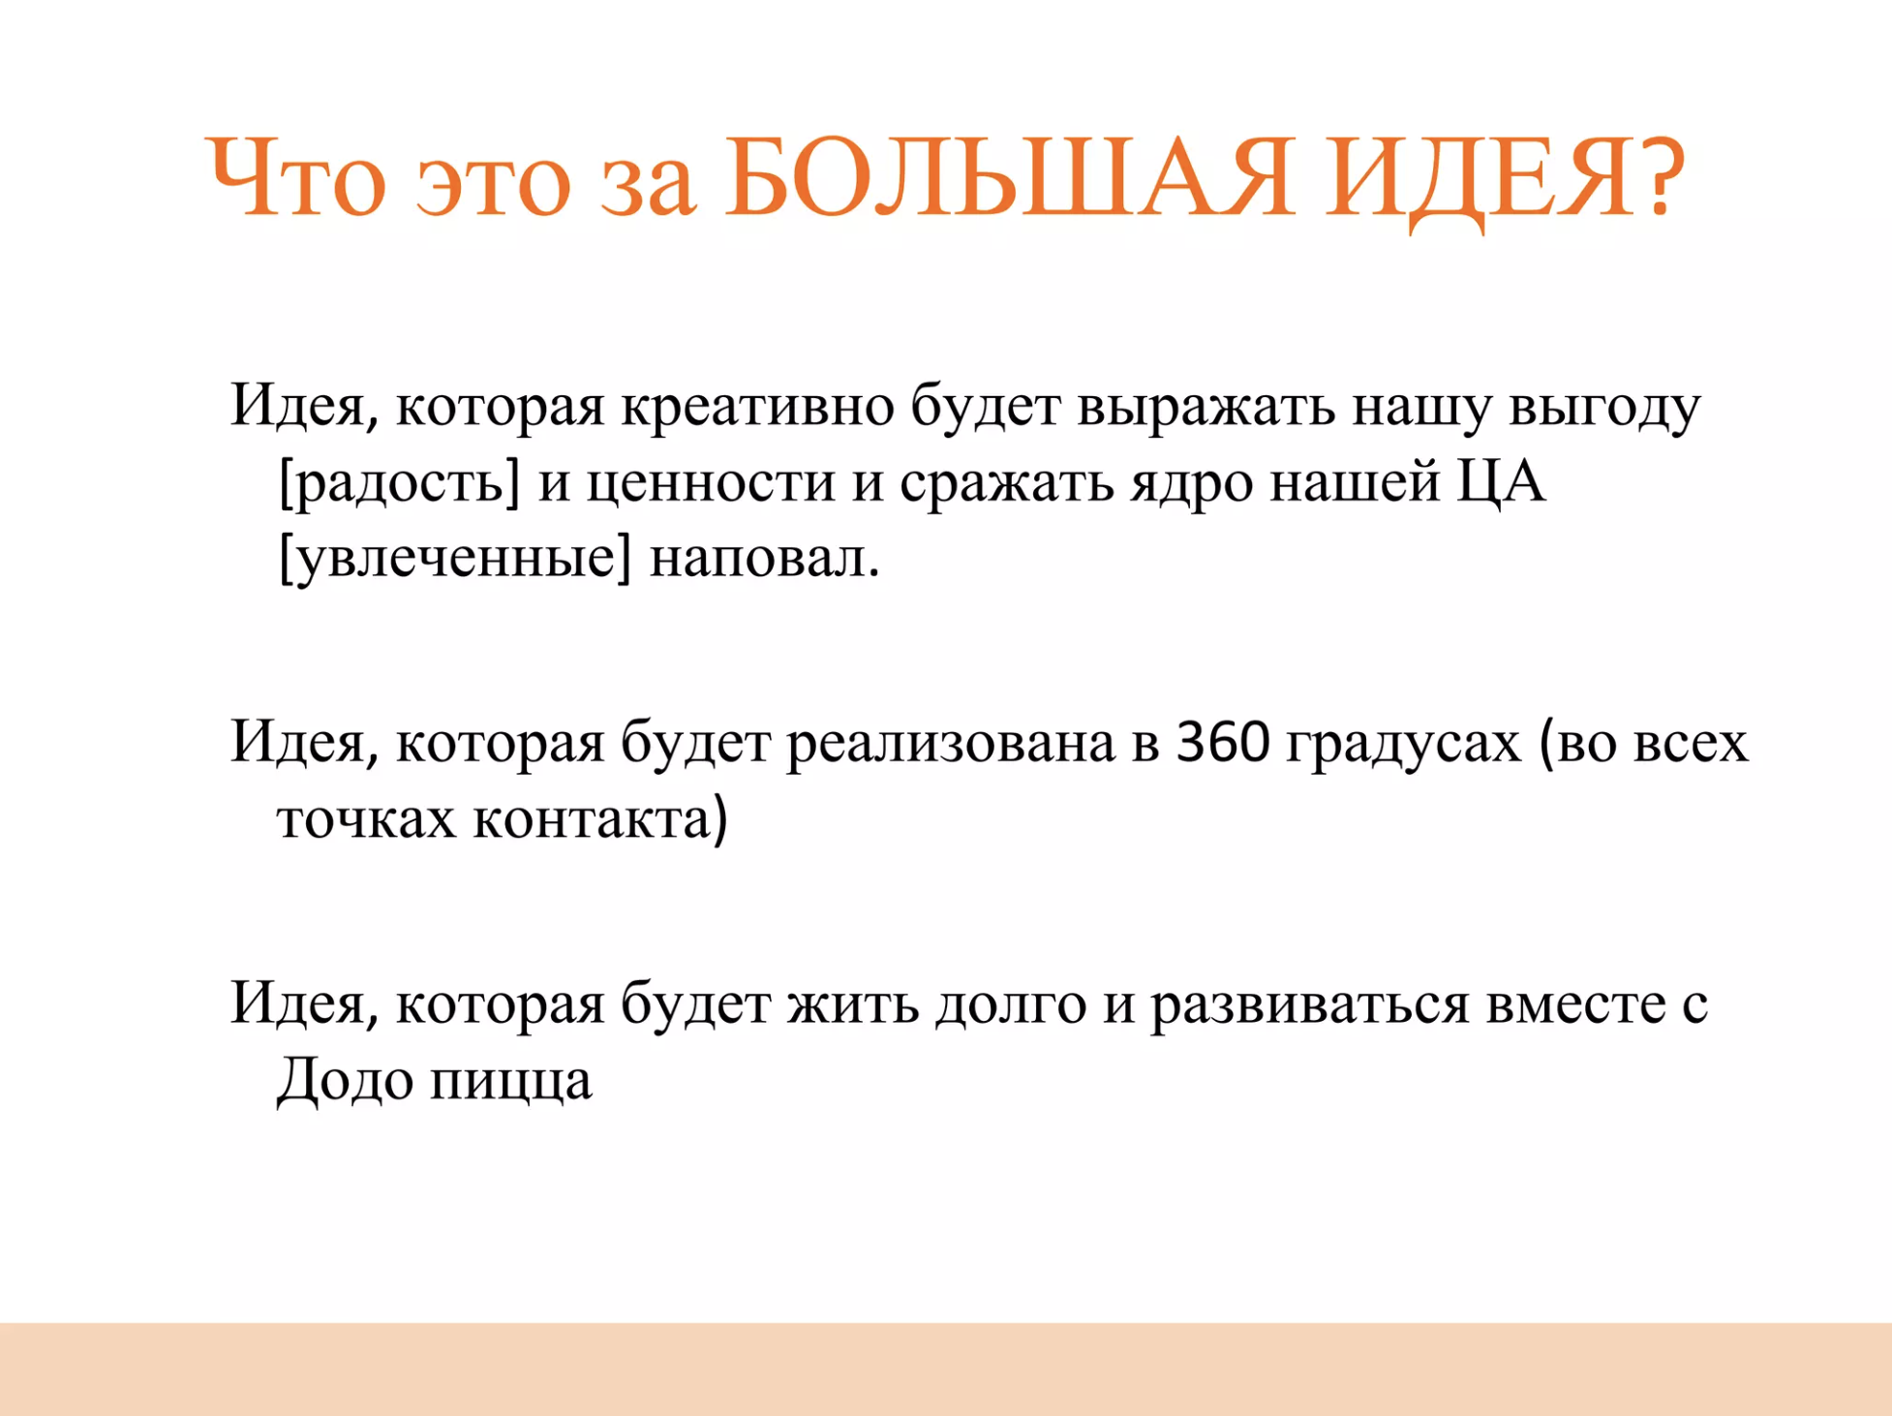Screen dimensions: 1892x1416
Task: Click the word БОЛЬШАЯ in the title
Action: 1009,177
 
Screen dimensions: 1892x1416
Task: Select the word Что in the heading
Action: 296,177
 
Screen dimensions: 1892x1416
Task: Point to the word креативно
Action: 757,407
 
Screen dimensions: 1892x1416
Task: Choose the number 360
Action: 1223,743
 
